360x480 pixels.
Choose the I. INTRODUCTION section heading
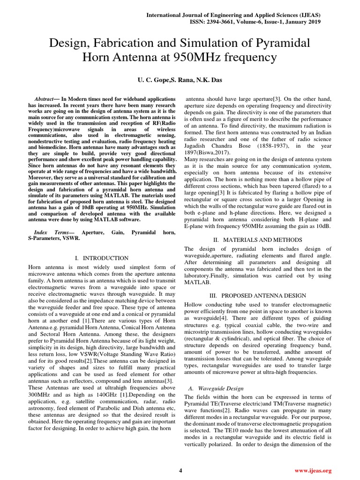coord(102,258)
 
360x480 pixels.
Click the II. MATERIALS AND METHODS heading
coord(258,240)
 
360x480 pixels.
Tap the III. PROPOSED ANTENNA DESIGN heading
coord(258,296)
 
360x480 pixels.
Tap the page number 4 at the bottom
coord(180,471)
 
